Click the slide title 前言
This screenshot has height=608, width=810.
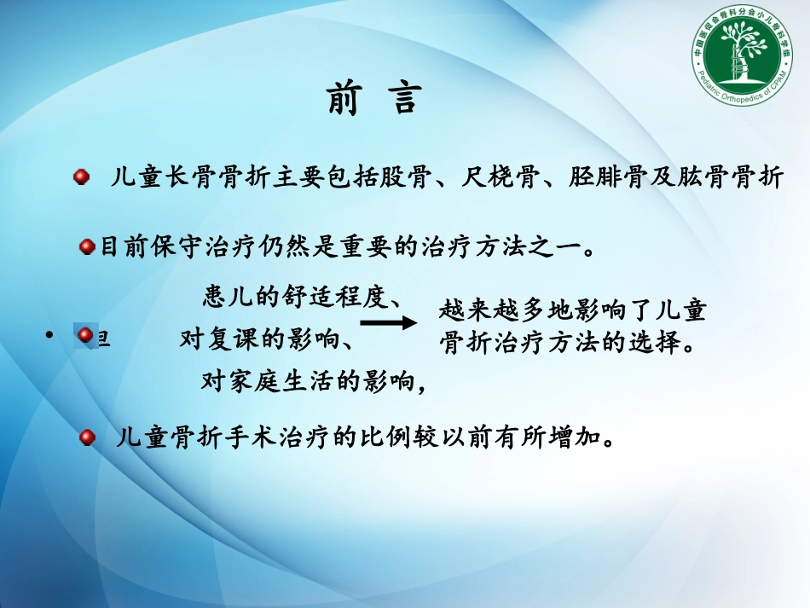point(374,98)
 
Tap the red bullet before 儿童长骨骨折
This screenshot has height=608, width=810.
point(81,177)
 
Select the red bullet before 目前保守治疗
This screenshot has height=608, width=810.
point(87,247)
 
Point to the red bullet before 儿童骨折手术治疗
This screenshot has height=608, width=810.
point(86,438)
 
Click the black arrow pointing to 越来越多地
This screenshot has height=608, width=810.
point(388,322)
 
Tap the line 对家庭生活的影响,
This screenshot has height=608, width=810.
point(313,381)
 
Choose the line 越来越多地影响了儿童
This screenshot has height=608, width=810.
point(572,310)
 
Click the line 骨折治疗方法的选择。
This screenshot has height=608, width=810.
point(570,344)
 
